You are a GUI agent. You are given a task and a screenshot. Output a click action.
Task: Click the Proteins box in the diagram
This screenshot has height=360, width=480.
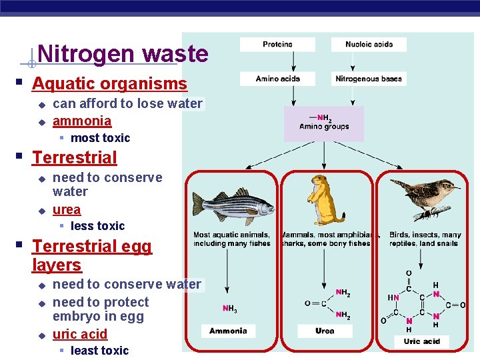click(278, 45)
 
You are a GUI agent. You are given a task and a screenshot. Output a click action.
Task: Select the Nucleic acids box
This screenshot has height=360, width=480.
click(369, 45)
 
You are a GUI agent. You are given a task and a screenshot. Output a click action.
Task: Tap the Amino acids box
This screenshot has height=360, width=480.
click(278, 79)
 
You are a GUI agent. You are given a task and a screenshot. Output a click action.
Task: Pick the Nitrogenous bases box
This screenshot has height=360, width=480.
click(369, 79)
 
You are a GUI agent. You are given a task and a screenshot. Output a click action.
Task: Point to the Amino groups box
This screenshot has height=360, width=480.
click(324, 123)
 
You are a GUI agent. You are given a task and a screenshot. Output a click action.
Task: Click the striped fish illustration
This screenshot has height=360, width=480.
click(233, 207)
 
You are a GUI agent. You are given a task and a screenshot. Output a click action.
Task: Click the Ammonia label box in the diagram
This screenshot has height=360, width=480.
click(228, 331)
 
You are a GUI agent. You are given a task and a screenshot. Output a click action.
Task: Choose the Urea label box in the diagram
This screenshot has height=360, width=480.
click(325, 331)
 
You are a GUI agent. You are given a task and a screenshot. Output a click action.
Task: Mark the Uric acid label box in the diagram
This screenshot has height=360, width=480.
click(421, 341)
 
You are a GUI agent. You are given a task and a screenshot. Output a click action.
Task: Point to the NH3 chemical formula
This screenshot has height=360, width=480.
click(229, 309)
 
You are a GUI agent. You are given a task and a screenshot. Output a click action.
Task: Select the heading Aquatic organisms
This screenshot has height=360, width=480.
click(109, 84)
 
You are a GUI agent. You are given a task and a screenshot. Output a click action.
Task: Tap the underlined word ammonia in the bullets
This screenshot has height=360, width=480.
click(82, 121)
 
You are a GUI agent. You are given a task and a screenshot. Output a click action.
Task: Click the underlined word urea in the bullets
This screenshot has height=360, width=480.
click(67, 209)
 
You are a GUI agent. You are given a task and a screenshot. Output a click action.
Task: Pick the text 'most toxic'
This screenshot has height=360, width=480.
click(100, 138)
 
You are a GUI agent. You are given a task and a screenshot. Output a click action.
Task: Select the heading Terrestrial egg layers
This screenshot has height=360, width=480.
click(91, 255)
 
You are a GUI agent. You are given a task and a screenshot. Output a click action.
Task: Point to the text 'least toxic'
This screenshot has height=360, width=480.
click(99, 351)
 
